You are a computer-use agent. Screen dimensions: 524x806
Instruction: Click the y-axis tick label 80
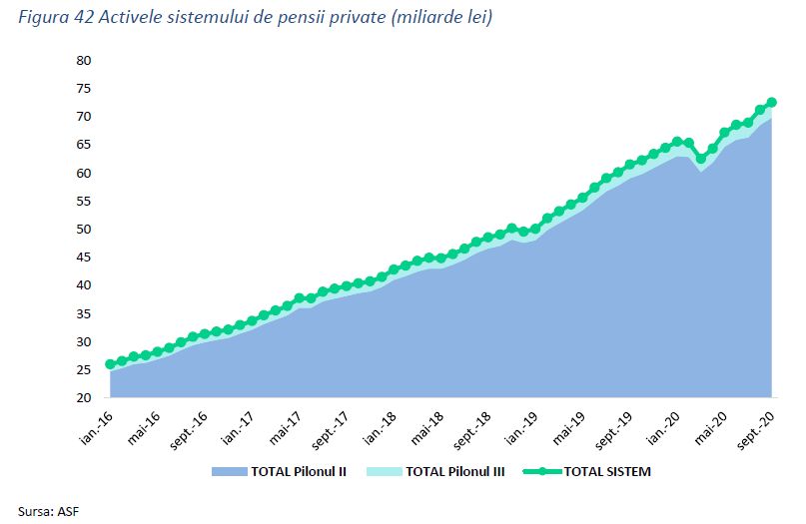click(x=83, y=61)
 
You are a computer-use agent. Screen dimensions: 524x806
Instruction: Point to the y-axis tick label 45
click(x=83, y=258)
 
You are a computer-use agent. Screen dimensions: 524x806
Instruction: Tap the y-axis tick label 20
click(x=83, y=398)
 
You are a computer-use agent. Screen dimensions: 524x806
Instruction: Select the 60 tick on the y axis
click(x=83, y=174)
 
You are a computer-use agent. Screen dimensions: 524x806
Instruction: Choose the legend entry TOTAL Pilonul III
click(x=450, y=471)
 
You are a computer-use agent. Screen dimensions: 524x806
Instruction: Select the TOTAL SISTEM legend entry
click(x=599, y=471)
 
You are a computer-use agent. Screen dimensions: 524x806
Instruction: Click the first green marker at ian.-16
click(x=110, y=364)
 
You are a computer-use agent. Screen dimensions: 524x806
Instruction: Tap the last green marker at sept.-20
click(x=772, y=102)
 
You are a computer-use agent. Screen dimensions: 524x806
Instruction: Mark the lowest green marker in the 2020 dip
click(x=701, y=159)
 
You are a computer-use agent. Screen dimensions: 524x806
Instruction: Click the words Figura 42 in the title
click(x=53, y=19)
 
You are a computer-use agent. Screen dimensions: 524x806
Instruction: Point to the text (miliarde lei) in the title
click(x=443, y=19)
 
